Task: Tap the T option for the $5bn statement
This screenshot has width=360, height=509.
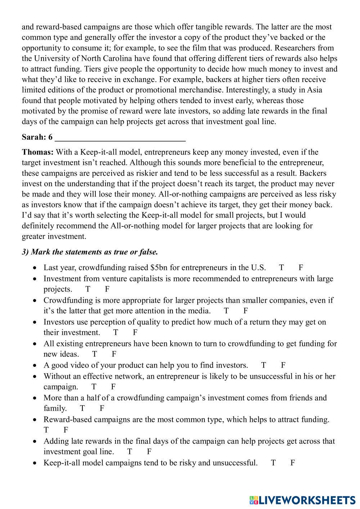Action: (281, 267)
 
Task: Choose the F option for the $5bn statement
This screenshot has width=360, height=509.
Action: (301, 267)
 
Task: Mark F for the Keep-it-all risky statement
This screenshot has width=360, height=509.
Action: (293, 463)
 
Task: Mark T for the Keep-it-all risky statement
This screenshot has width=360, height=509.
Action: (273, 463)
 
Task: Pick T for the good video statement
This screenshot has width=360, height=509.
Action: (264, 365)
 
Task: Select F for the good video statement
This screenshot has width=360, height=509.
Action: (283, 365)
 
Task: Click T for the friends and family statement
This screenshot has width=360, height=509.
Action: (82, 408)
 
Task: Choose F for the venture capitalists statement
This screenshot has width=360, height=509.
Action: (107, 289)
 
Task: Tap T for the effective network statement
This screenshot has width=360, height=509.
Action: (94, 387)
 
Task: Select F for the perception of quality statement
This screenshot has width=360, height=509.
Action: (135, 332)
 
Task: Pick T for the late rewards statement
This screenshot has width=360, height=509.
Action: (130, 451)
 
